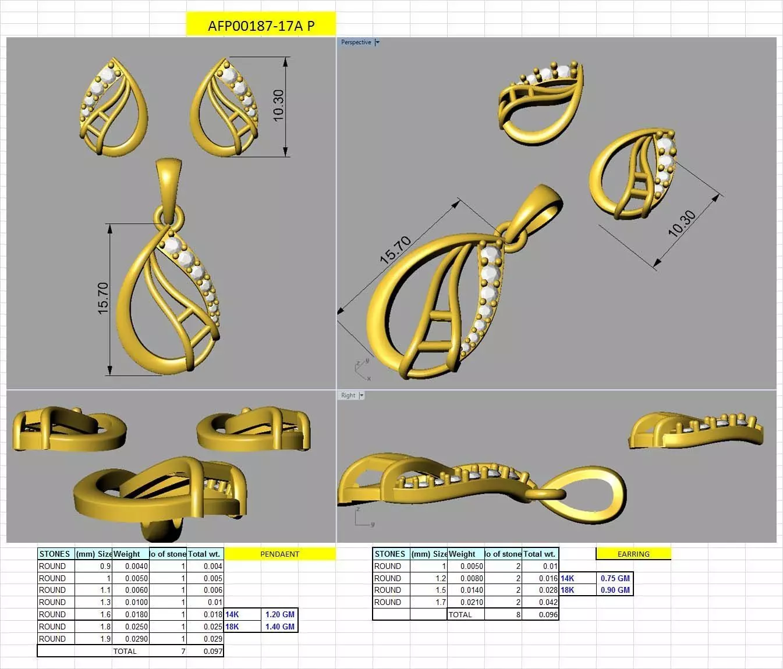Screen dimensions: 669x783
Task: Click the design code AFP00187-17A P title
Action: [x=261, y=26]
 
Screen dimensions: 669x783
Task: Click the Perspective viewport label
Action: [x=356, y=42]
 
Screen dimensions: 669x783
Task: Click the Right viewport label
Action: [x=348, y=396]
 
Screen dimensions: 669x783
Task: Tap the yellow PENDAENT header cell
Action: [x=279, y=554]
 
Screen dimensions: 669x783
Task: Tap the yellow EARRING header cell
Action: [x=633, y=554]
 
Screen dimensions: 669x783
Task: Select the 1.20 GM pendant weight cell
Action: [x=279, y=614]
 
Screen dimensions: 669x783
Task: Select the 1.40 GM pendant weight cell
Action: [x=279, y=627]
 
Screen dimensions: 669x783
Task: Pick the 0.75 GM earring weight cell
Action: [x=615, y=578]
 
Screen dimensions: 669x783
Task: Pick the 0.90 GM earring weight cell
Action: [x=615, y=590]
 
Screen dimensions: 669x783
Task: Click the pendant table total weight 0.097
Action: [x=212, y=651]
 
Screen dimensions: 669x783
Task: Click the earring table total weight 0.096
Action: [x=548, y=614]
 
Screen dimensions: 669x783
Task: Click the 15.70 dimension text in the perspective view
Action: [x=395, y=250]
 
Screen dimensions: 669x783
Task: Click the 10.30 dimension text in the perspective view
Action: [x=682, y=224]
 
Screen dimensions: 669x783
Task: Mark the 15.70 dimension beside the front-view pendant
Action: [x=102, y=298]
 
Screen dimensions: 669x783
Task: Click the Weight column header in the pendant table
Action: [x=127, y=554]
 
